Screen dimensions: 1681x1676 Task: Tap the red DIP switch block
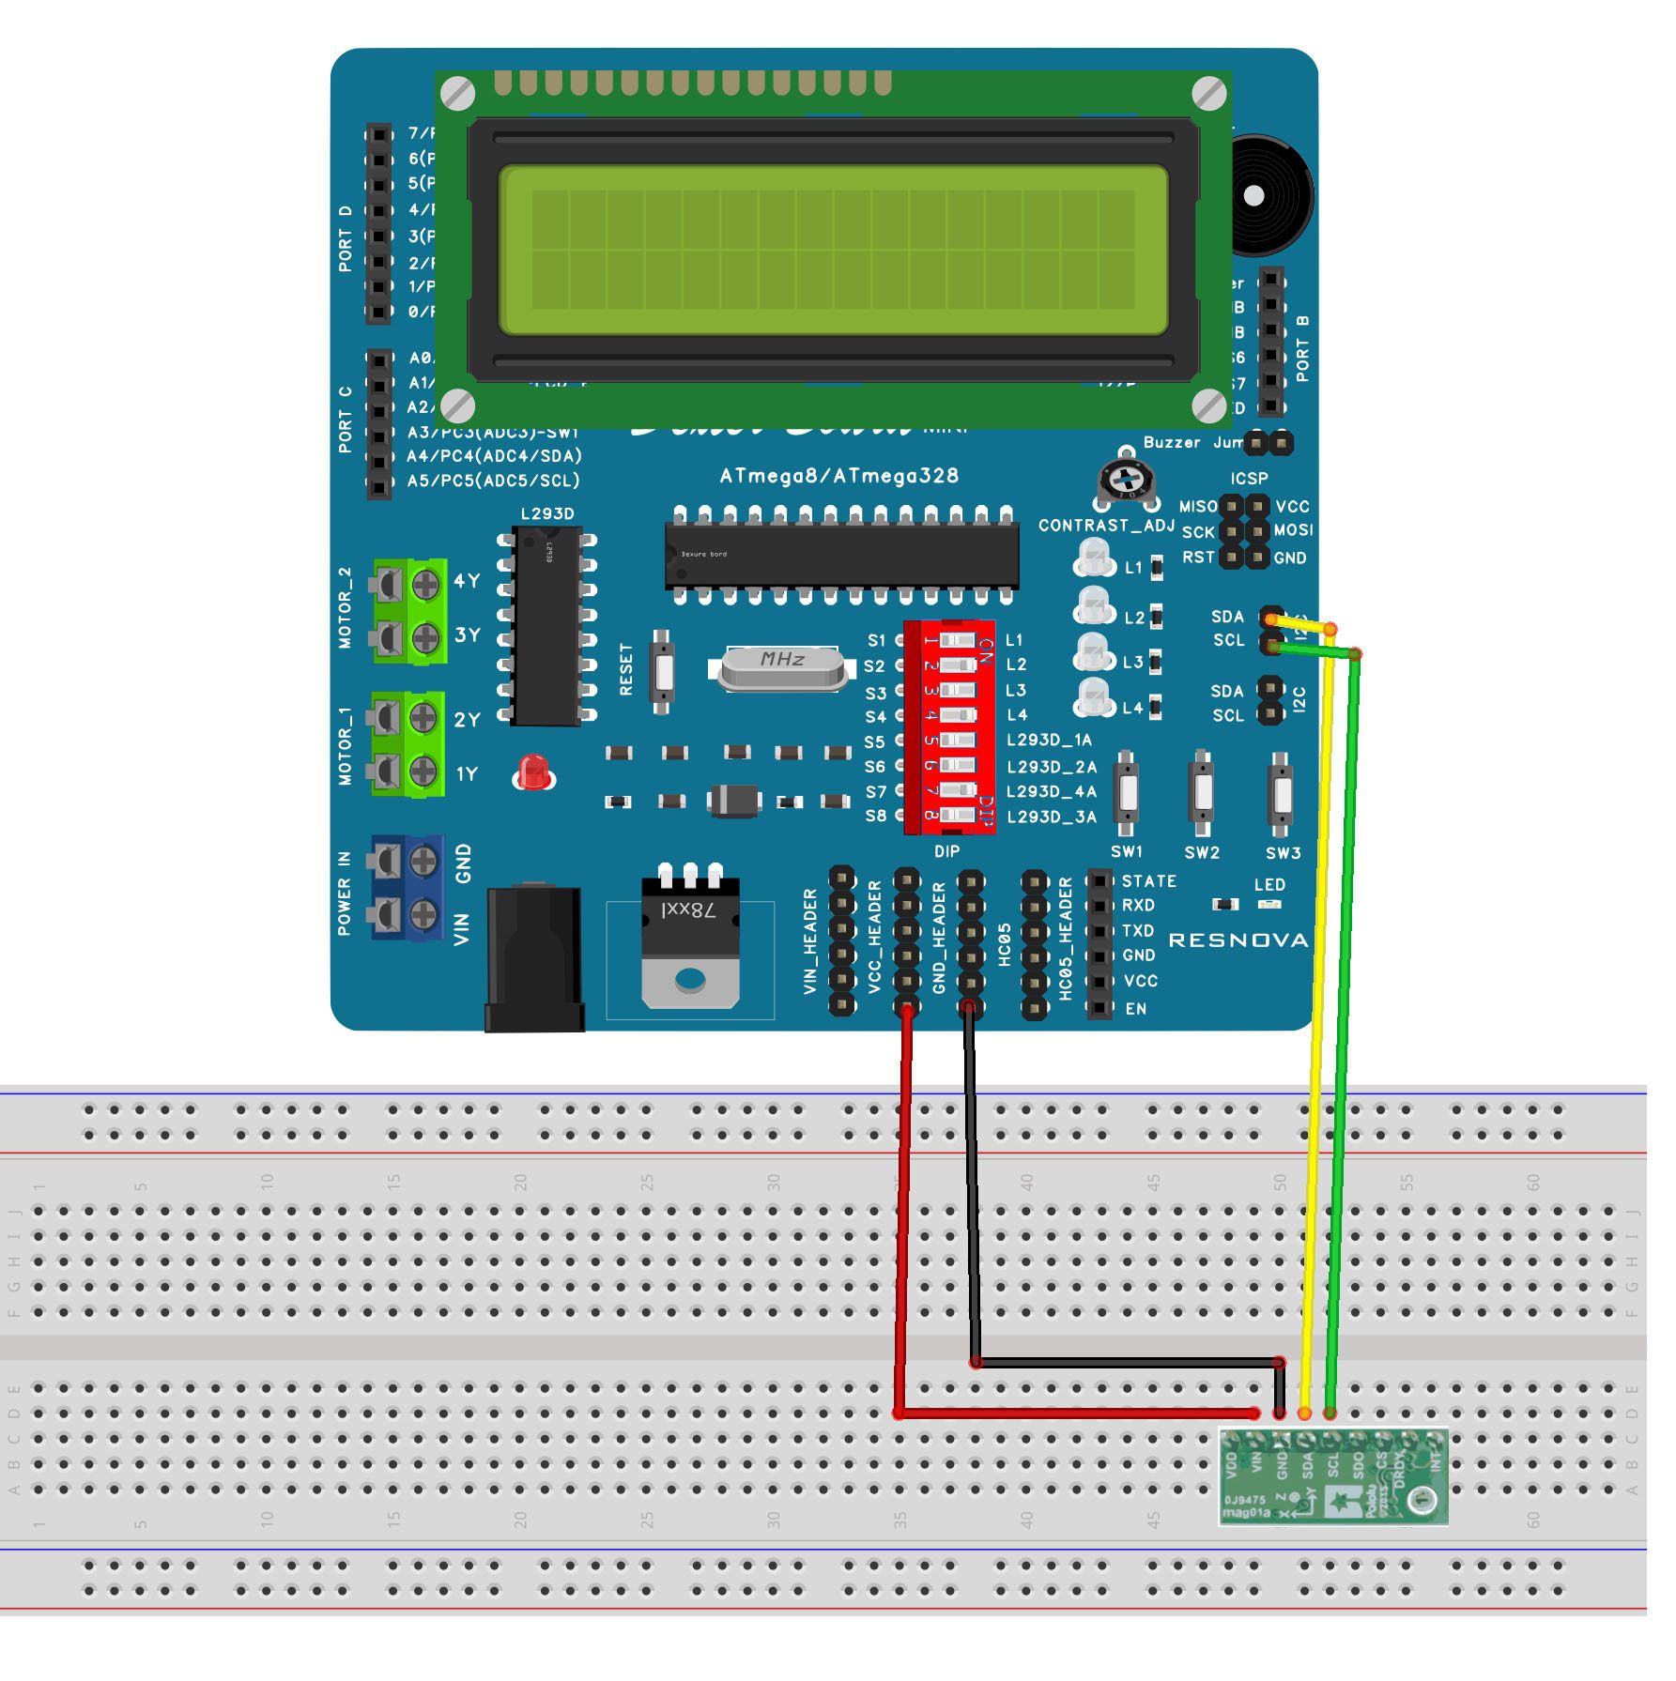tap(948, 727)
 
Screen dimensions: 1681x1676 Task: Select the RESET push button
tap(662, 671)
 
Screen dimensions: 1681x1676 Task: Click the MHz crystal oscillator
tap(782, 667)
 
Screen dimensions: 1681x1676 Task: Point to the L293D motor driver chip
tap(547, 626)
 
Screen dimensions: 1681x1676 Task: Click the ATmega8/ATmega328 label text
tap(838, 476)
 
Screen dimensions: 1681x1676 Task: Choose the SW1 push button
tap(1126, 794)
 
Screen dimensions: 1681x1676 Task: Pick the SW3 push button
tap(1281, 794)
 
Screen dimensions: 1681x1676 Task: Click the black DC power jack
tap(533, 957)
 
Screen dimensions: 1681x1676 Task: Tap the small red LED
tap(533, 772)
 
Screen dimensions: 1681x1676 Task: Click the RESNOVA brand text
tap(1238, 940)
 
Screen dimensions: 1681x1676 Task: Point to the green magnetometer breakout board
tap(1333, 1475)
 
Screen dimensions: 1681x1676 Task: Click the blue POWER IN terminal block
tap(407, 887)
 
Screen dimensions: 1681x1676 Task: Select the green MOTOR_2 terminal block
tap(409, 611)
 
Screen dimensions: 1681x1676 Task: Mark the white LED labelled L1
tap(1093, 558)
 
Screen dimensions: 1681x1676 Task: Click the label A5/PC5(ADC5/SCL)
tap(493, 481)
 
